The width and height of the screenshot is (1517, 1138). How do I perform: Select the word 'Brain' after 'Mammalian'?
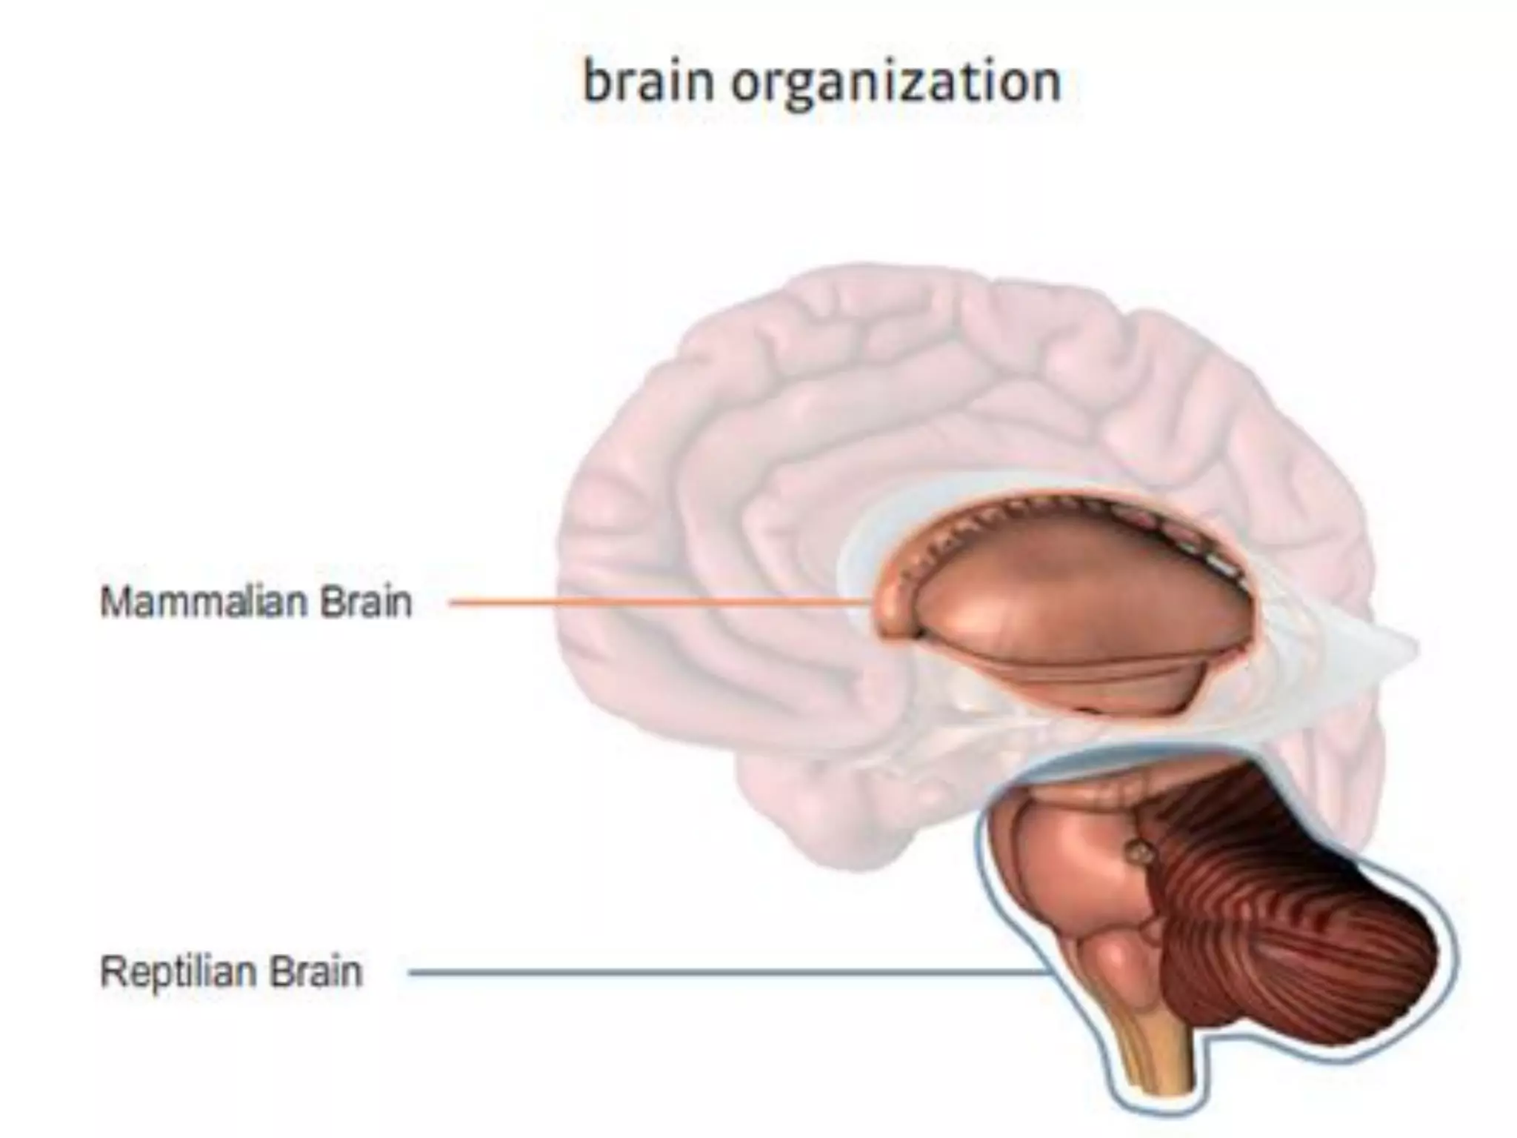(x=366, y=602)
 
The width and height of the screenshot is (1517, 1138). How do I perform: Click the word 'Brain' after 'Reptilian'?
(x=316, y=971)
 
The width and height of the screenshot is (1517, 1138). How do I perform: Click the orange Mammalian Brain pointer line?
(x=652, y=603)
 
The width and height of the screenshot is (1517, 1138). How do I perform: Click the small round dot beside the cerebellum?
(x=1141, y=853)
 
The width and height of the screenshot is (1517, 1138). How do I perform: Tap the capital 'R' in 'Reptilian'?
(x=112, y=971)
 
